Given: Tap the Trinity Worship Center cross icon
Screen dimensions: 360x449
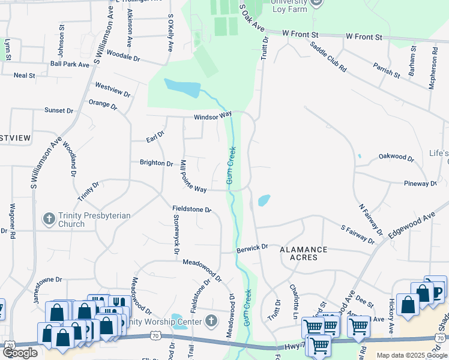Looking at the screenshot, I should click(x=210, y=321).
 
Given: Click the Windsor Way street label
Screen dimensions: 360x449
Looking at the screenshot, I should click(x=212, y=115).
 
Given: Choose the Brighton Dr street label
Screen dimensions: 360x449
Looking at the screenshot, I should click(x=156, y=163).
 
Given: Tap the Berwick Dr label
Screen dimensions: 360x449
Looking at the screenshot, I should click(x=252, y=247).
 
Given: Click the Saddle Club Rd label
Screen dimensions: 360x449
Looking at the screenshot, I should click(x=328, y=58).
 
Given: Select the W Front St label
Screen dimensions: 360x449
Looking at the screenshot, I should click(x=364, y=37).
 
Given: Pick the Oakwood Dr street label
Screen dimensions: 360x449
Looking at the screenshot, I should click(x=396, y=157).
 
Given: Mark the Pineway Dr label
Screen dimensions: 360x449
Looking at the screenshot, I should click(x=420, y=183).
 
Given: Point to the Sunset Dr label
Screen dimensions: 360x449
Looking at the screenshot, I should click(x=59, y=110).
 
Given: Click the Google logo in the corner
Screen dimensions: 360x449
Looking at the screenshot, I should click(x=20, y=353).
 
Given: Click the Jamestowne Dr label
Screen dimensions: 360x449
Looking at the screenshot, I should click(x=41, y=280).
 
